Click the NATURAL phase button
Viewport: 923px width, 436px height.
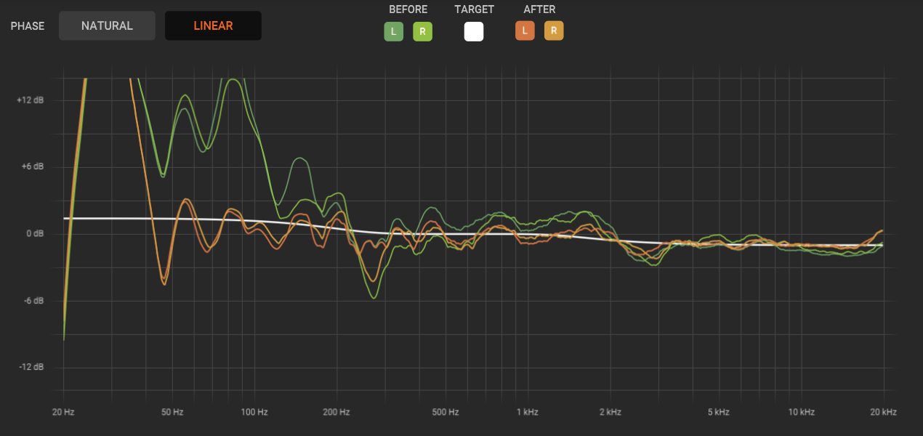pos(107,26)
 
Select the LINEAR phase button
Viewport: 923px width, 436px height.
pos(213,26)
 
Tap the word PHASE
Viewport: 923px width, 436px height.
pos(28,26)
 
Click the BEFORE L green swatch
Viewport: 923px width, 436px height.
pos(394,31)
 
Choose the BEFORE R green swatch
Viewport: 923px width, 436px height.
pos(422,31)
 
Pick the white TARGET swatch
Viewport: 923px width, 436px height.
pos(474,31)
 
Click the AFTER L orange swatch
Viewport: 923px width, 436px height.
pos(525,31)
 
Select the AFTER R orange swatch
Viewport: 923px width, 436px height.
pos(554,31)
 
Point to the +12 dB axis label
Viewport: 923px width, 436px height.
pos(30,100)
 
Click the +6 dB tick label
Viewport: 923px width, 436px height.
pos(32,166)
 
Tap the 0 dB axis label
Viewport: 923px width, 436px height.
pos(34,233)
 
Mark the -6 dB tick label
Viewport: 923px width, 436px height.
pos(33,301)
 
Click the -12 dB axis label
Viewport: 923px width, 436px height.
pos(31,367)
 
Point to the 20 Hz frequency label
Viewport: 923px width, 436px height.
pos(63,412)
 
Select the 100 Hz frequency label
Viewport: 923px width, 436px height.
pos(254,412)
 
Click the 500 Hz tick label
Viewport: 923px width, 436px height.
pos(446,412)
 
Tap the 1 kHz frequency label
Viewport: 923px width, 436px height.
pos(527,412)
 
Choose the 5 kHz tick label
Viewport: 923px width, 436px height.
pos(718,412)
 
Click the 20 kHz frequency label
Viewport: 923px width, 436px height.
pos(883,412)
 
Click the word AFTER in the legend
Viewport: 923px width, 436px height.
pos(539,9)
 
